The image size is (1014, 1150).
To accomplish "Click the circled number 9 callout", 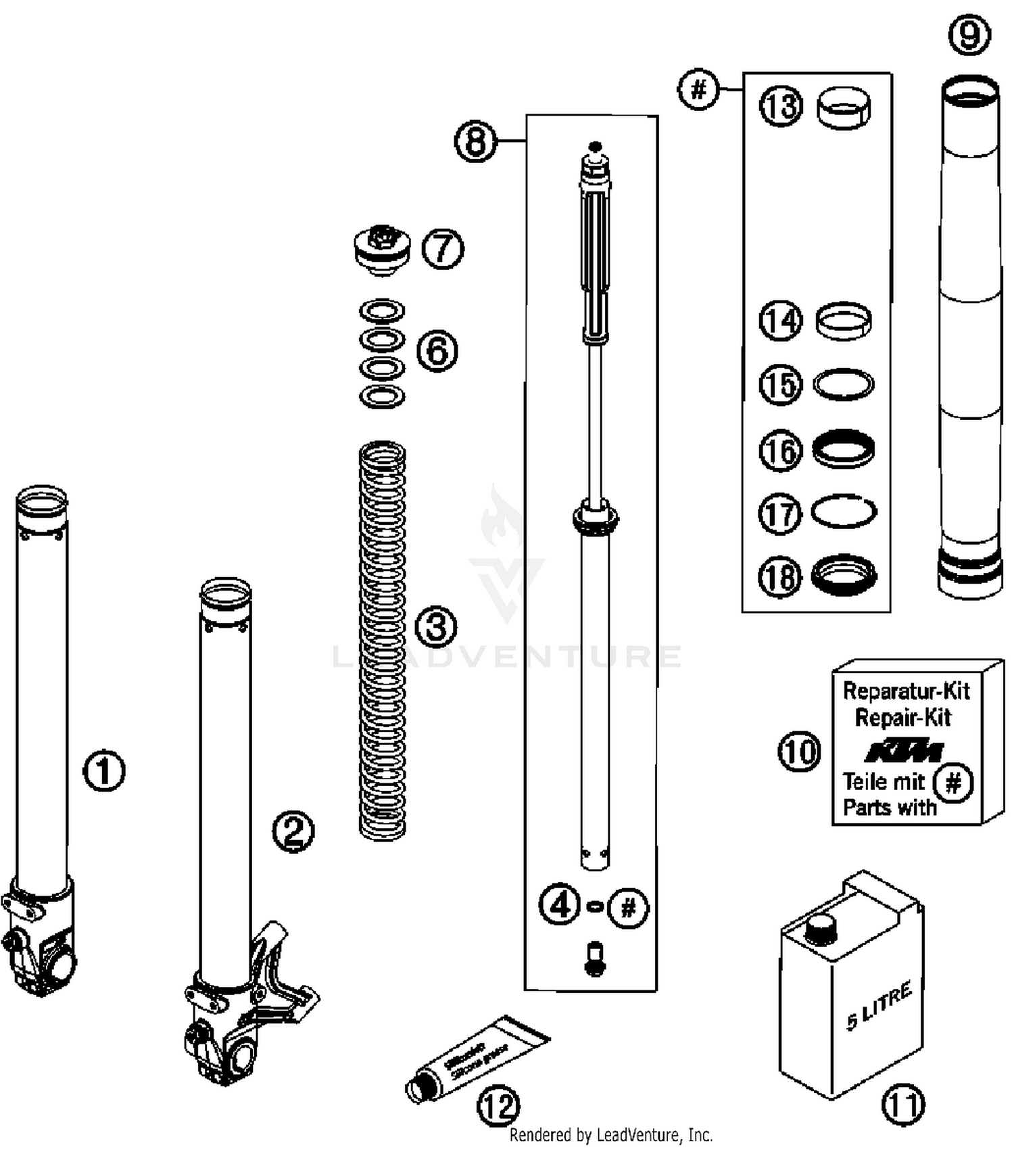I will tap(969, 34).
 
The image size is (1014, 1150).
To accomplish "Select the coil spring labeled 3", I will tap(382, 639).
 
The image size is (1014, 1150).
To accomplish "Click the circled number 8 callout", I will tap(475, 141).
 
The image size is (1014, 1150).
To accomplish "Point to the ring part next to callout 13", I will tap(844, 107).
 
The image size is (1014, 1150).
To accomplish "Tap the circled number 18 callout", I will tap(780, 577).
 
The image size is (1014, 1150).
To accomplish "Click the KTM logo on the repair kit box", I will tap(904, 751).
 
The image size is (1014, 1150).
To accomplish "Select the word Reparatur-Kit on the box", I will tap(906, 691).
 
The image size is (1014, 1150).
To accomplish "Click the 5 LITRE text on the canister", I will tap(879, 1006).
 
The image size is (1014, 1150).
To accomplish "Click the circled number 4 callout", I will tap(560, 905).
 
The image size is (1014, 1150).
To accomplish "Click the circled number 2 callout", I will tap(293, 831).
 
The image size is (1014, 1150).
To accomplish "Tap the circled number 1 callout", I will tap(104, 770).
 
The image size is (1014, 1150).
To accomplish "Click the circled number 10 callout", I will tap(799, 752).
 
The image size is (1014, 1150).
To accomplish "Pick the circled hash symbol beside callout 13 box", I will tap(698, 89).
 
